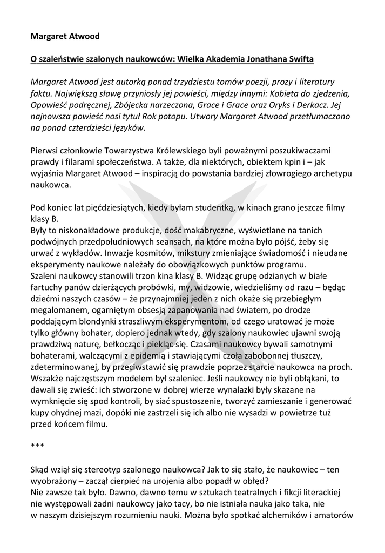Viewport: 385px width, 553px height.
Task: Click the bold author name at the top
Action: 65,36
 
